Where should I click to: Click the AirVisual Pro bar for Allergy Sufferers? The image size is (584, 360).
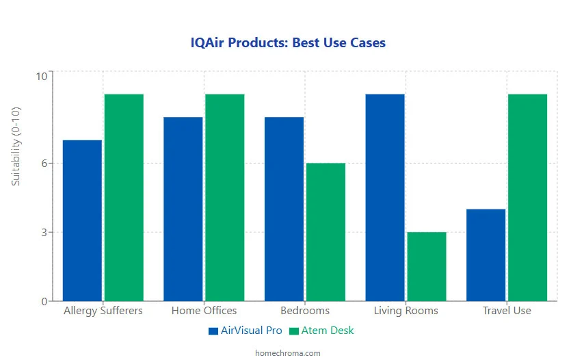82,220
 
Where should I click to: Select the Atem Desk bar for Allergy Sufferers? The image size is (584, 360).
124,197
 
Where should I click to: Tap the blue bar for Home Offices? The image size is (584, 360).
183,209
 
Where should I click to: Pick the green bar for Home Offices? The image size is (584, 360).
225,197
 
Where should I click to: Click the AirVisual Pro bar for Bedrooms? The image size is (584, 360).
284,209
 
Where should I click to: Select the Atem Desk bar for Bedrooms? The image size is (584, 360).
326,232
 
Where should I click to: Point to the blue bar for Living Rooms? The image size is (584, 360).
385,197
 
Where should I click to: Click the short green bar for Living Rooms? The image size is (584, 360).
427,266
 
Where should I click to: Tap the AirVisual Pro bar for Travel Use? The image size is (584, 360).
486,255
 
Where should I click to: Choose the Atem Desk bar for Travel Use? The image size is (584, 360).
527,197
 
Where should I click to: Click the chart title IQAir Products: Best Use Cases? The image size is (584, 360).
288,43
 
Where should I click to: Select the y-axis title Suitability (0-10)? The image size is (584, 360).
16,146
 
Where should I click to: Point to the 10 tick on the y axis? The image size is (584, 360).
41,76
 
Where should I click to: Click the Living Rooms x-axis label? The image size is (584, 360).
406,311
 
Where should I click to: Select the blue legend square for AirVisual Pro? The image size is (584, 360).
213,331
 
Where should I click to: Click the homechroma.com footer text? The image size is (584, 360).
287,353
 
